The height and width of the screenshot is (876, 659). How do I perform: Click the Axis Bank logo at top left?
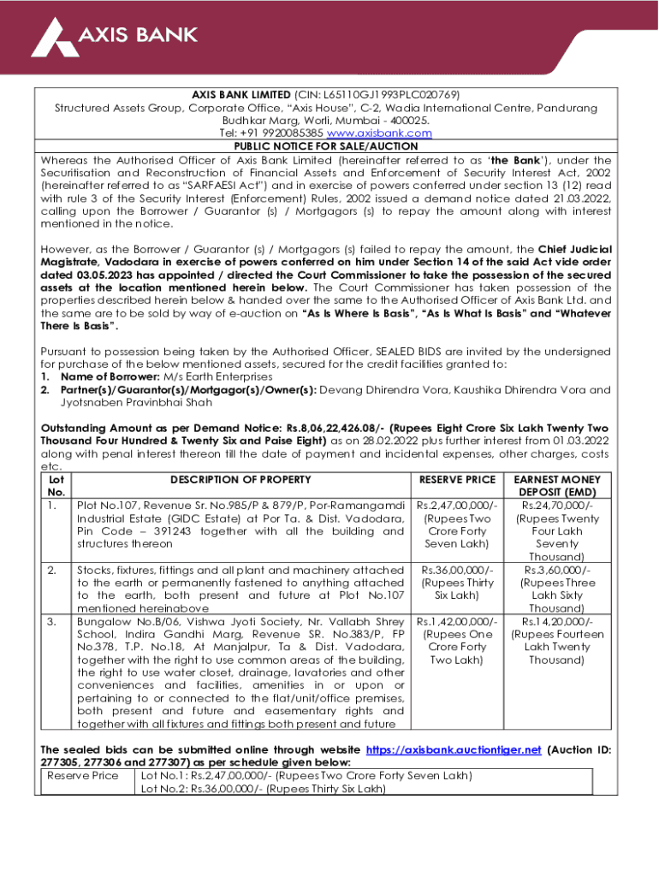(114, 35)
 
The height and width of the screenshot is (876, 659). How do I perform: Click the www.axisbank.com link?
(389, 133)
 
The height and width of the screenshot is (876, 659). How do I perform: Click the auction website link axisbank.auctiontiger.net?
(453, 749)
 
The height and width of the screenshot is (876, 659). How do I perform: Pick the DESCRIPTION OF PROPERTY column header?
(240, 480)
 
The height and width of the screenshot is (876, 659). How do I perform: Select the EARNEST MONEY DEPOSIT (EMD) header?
(556, 486)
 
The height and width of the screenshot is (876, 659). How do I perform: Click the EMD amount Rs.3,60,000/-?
(556, 570)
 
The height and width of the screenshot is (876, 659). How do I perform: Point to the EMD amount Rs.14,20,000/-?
(556, 620)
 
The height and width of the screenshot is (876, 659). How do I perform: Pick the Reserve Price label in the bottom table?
(82, 775)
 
